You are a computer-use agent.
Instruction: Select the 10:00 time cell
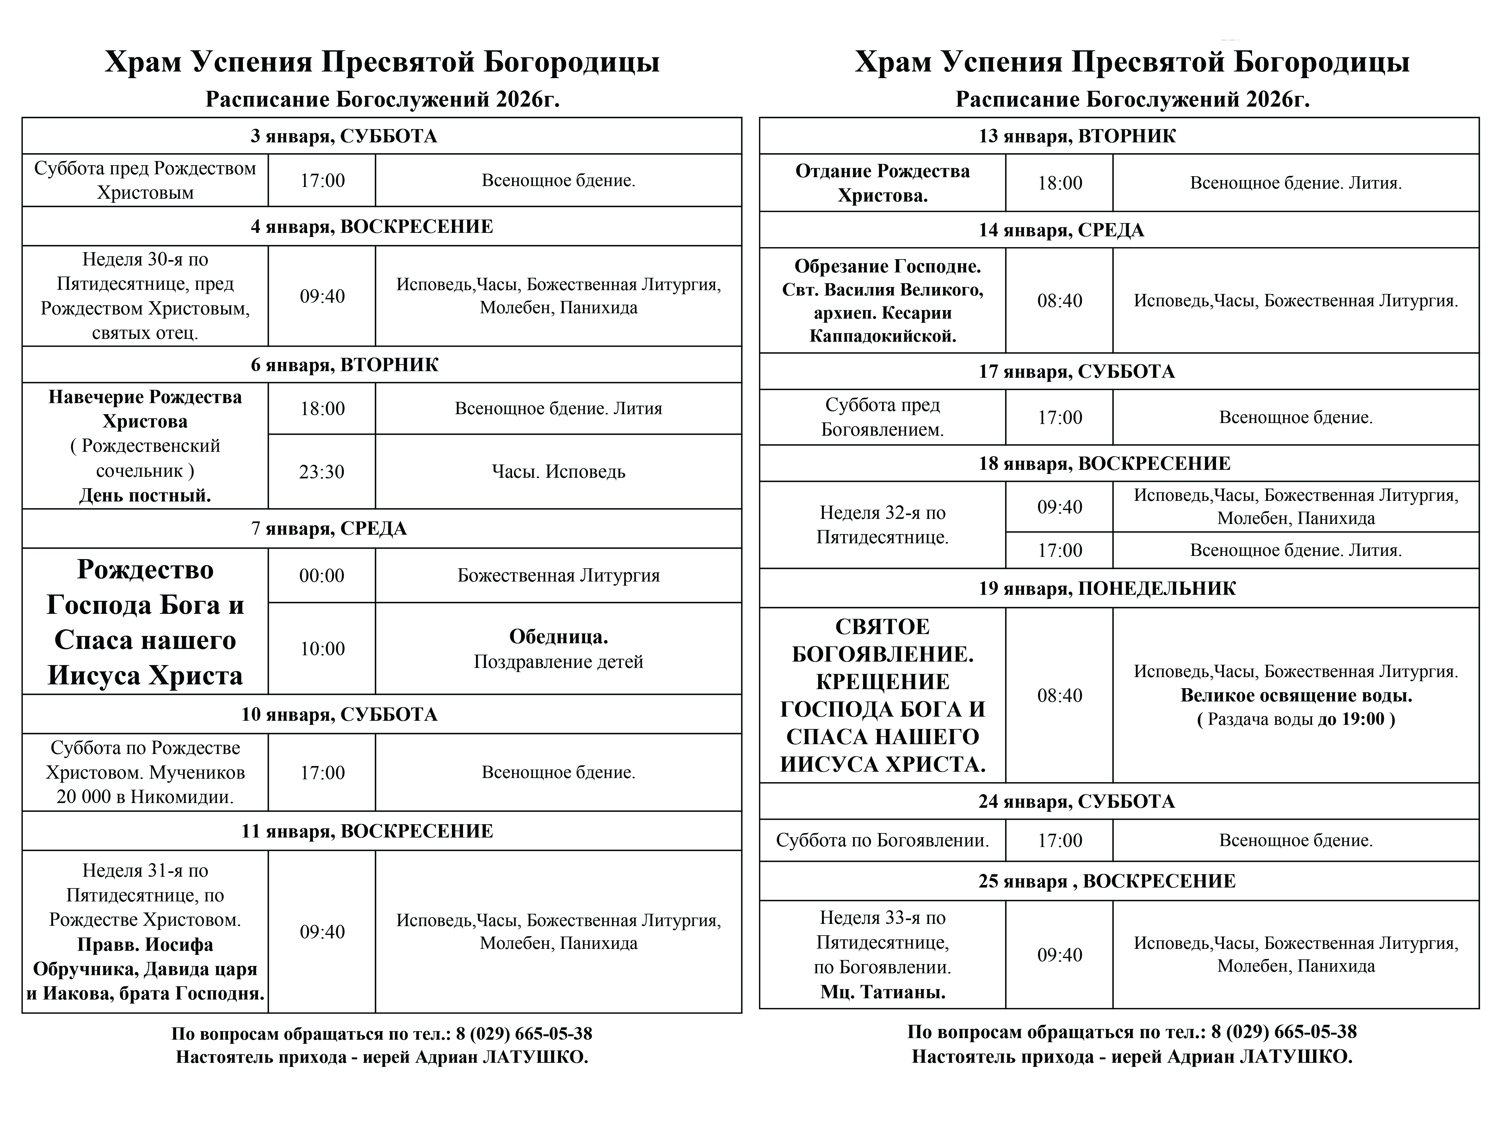(x=322, y=649)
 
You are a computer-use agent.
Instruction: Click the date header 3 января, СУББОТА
(x=344, y=136)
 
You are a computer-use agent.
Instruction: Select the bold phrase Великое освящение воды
(x=1295, y=695)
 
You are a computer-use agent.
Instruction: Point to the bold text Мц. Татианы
(x=883, y=992)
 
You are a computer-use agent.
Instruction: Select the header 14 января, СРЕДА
(x=1061, y=230)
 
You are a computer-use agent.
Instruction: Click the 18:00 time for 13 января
(x=1060, y=183)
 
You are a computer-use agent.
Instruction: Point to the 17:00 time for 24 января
(x=1060, y=841)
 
